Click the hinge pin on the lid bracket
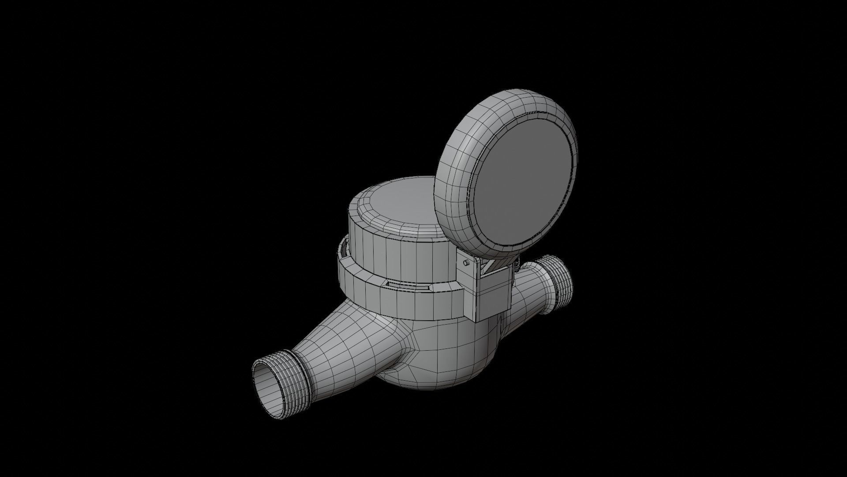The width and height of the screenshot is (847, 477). coord(466,263)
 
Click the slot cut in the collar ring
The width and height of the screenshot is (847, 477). coord(406,286)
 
